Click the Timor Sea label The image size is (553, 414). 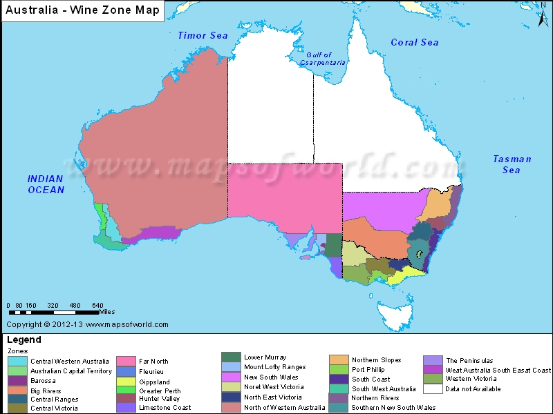tap(203, 35)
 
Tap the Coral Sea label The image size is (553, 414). tap(414, 42)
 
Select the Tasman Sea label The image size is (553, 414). tap(512, 164)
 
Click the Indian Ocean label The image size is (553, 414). tap(46, 184)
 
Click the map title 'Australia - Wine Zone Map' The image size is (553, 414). tap(82, 10)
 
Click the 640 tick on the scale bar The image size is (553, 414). tap(97, 305)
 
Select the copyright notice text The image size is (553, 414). tap(87, 324)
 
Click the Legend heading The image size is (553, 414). tap(24, 339)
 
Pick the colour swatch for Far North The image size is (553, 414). tap(125, 361)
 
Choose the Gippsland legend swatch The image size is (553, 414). tap(125, 381)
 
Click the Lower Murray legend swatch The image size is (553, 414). tap(232, 357)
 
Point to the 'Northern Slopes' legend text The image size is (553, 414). tap(376, 359)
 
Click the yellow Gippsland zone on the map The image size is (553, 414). tap(404, 277)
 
